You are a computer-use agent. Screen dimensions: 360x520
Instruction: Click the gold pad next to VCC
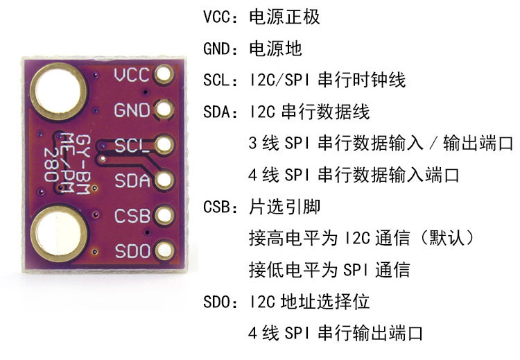point(165,74)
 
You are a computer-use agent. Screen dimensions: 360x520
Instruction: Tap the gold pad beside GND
point(165,110)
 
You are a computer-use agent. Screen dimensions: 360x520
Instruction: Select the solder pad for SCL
point(165,145)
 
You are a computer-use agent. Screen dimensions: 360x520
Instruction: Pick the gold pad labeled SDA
point(165,180)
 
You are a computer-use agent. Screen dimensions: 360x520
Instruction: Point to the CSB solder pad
point(165,215)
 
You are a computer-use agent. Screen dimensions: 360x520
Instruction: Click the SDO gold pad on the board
point(165,250)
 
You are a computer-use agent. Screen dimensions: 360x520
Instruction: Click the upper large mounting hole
point(60,89)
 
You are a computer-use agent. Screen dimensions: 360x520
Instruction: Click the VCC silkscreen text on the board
point(132,75)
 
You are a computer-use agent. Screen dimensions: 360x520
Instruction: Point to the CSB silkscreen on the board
point(132,216)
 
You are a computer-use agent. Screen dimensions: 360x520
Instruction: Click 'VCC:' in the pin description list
point(222,18)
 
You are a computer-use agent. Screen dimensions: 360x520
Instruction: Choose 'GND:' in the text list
point(223,50)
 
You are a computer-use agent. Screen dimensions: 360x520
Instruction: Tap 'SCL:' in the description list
point(222,81)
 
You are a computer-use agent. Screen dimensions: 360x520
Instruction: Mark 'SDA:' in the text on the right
point(222,112)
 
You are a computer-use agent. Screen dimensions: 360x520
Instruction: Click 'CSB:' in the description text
point(222,207)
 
